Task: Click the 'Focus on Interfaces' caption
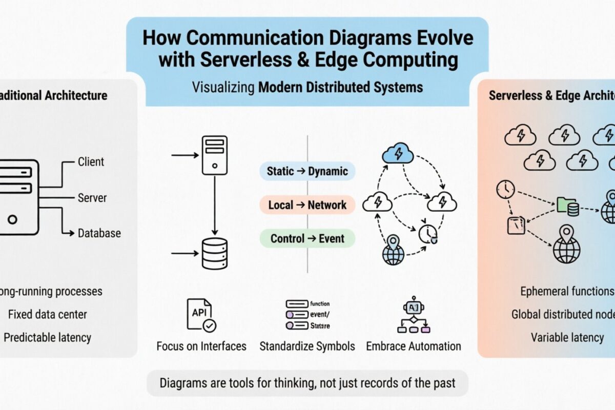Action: pos(201,346)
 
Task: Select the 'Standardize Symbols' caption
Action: pos(307,346)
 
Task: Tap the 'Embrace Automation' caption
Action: pos(414,346)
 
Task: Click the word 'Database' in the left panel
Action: pos(99,233)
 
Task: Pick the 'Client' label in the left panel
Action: pos(91,162)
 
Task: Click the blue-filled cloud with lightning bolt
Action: pos(398,153)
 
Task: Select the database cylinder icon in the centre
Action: pos(214,254)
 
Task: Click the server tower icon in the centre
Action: pos(214,155)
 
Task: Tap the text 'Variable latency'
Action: pos(567,337)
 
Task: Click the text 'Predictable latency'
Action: pos(47,337)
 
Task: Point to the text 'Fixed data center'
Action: pos(47,314)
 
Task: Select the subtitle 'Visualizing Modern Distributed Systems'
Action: pos(307,87)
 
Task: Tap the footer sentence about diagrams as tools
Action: pos(307,383)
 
